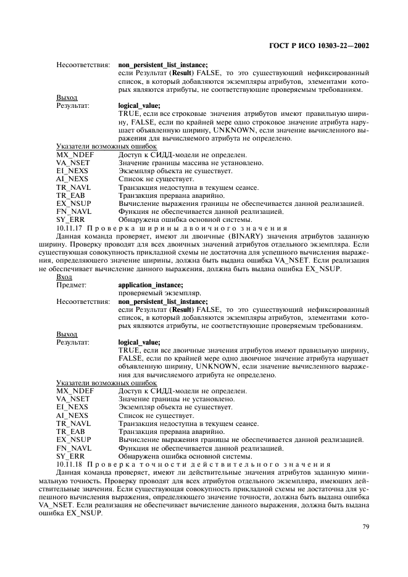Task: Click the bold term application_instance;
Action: point(150,285)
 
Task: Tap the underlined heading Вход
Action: point(64,277)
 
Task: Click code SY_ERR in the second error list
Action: point(70,456)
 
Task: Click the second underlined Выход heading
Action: point(67,334)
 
